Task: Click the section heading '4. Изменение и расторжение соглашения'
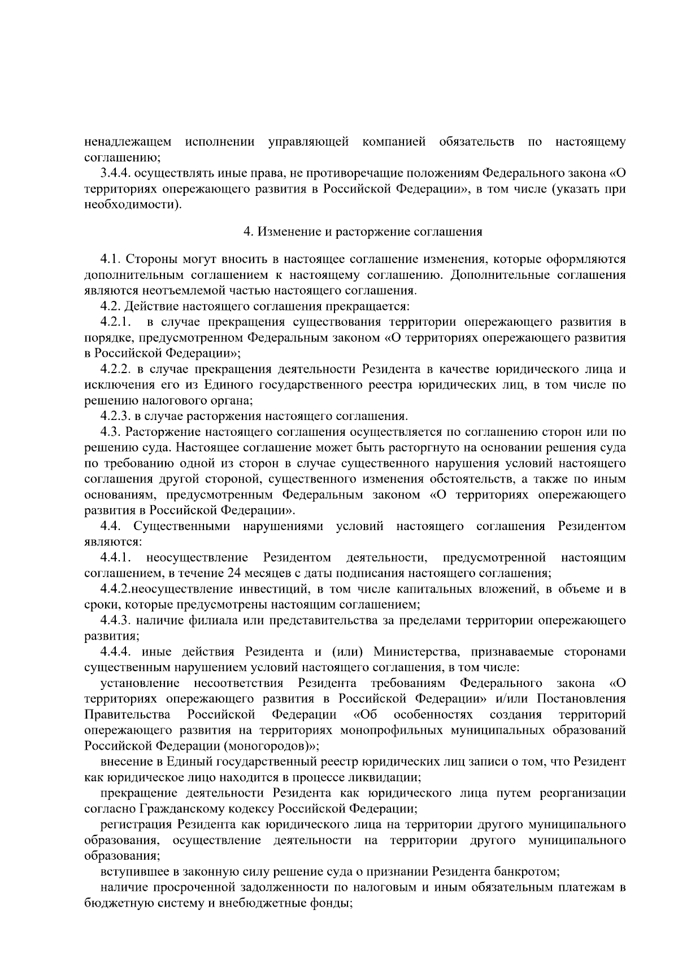pos(362,231)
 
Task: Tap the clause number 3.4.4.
pos(116,173)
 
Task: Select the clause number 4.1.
pos(111,260)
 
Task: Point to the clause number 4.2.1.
pos(116,322)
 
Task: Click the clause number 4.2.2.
pos(116,370)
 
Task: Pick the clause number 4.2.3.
pos(116,417)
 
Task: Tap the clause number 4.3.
pos(111,432)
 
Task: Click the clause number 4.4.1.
pos(116,558)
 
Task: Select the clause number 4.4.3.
pos(116,621)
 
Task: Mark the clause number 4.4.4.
pos(116,653)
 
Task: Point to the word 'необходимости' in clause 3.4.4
pos(132,205)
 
